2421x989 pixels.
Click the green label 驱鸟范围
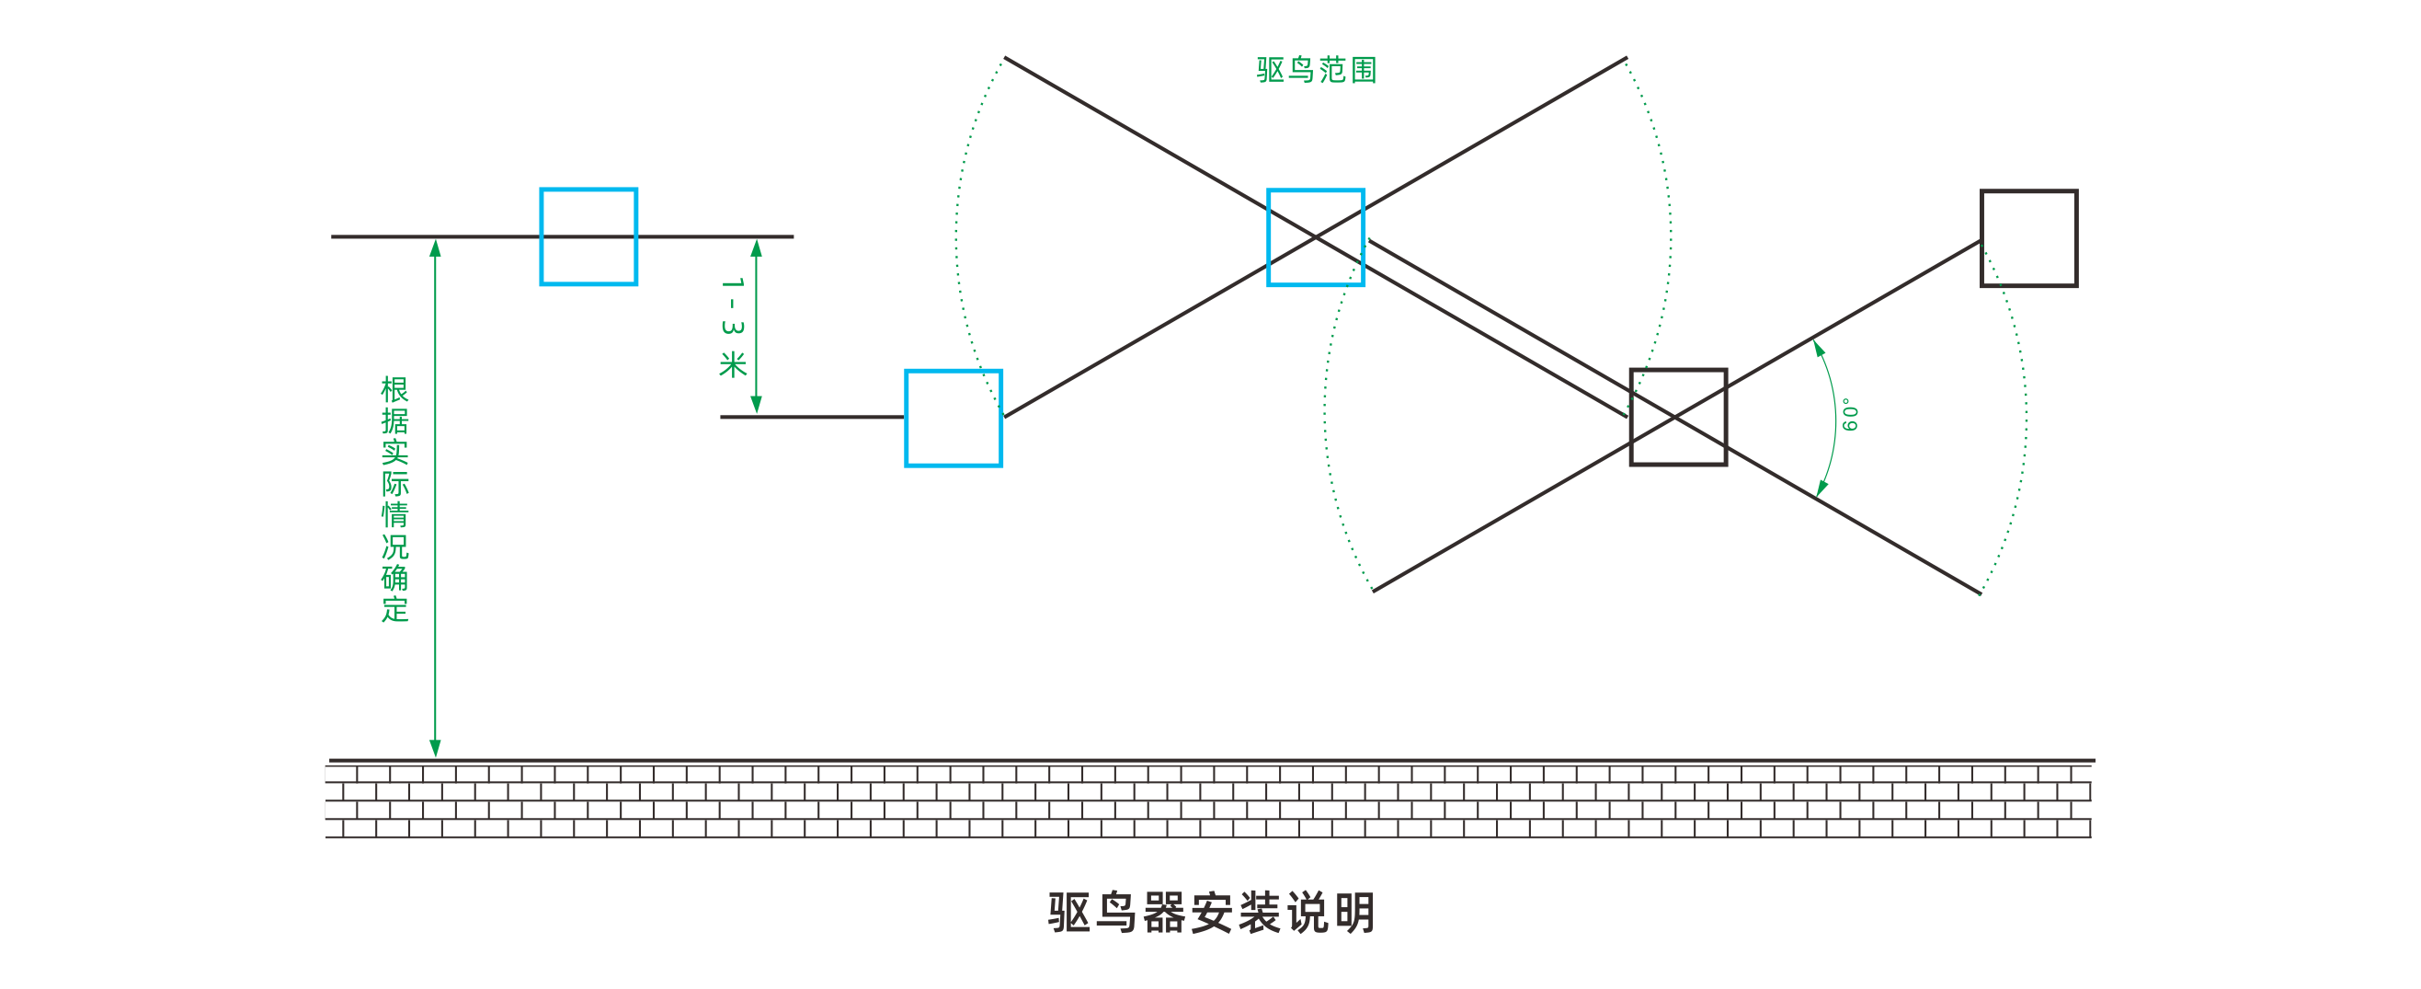1316,71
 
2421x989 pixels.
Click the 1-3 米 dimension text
733,328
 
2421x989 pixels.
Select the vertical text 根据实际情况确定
394,500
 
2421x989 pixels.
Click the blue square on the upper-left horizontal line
588,237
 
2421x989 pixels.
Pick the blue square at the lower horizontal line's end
953,419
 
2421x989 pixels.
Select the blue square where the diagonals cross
1316,238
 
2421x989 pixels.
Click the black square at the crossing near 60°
1677,418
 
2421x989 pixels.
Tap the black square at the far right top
2029,239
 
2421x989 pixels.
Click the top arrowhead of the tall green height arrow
435,248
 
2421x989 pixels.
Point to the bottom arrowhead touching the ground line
435,748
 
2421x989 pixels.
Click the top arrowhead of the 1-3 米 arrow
757,248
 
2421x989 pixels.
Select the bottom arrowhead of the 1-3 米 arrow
757,405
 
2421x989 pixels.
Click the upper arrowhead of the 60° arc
1819,349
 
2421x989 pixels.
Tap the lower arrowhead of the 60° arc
1821,487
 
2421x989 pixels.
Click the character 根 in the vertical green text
394,390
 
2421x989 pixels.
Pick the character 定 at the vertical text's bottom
394,609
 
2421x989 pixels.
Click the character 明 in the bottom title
1355,913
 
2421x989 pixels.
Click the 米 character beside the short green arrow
733,363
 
